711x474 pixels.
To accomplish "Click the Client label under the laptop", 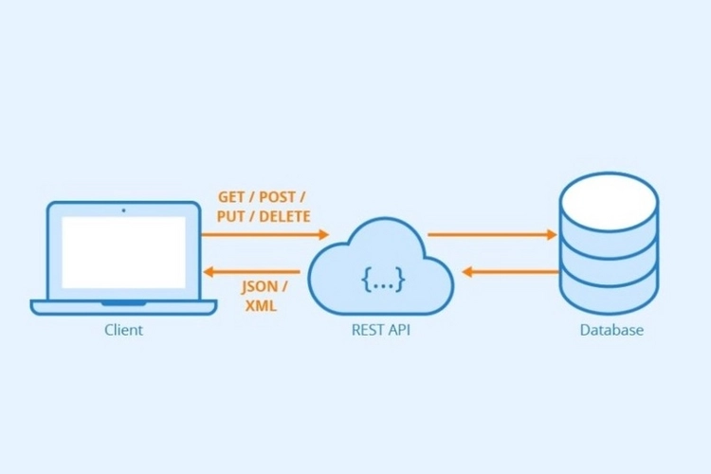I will [x=124, y=331].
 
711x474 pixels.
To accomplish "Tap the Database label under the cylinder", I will [x=611, y=331].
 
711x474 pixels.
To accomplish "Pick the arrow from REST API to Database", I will [x=491, y=233].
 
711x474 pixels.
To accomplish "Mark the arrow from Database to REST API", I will [x=510, y=272].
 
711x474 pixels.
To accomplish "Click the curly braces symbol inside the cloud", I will [x=383, y=278].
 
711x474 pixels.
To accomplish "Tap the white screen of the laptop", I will [x=124, y=251].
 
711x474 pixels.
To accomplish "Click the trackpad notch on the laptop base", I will [x=124, y=302].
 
